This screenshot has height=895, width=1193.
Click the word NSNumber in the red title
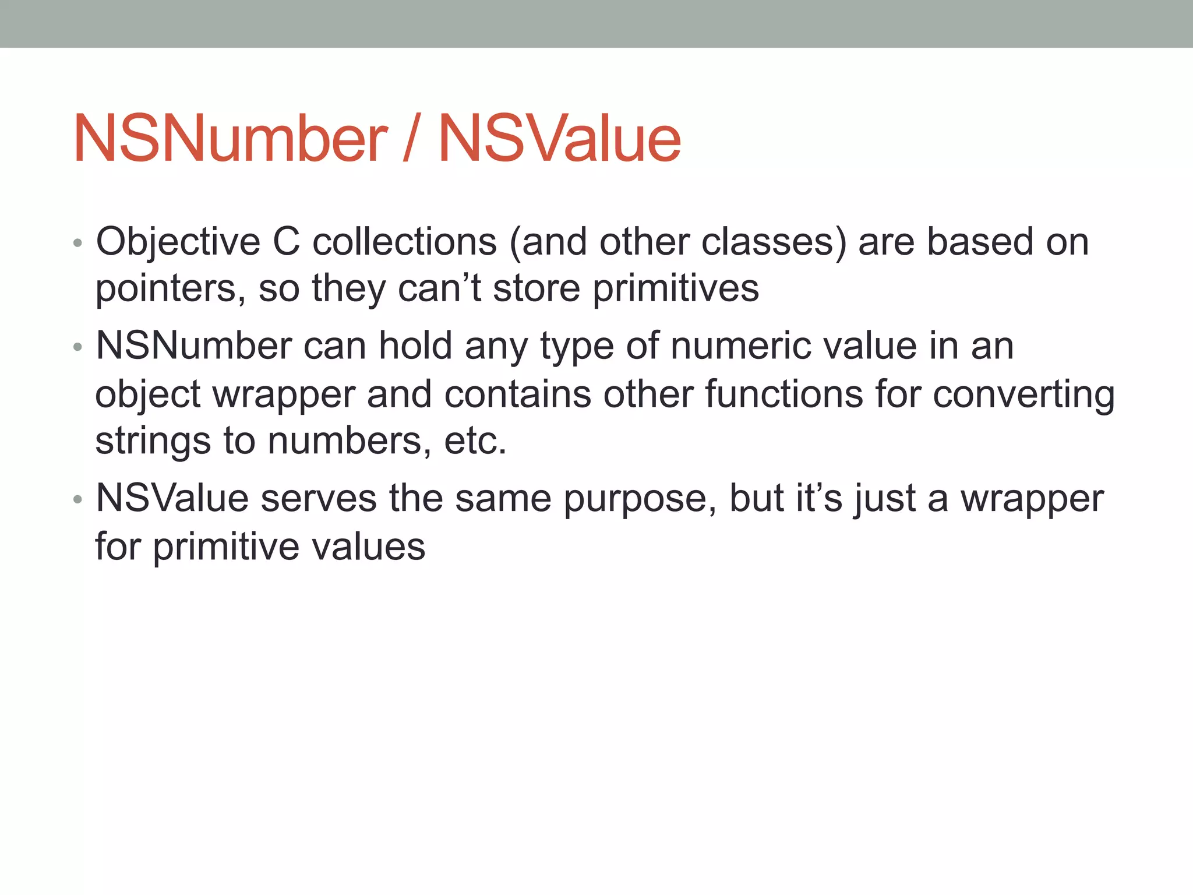tap(230, 139)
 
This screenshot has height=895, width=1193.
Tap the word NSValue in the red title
tap(559, 139)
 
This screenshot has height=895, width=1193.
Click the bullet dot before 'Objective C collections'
tap(78, 243)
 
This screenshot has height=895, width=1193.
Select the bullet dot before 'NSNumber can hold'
tap(78, 348)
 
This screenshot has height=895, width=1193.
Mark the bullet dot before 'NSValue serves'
tap(78, 500)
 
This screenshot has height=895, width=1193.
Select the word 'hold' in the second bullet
tap(415, 346)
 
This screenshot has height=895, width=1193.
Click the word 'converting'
tap(1023, 394)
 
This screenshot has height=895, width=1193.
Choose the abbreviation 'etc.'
tap(475, 441)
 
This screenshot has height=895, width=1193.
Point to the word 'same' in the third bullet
tap(503, 499)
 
